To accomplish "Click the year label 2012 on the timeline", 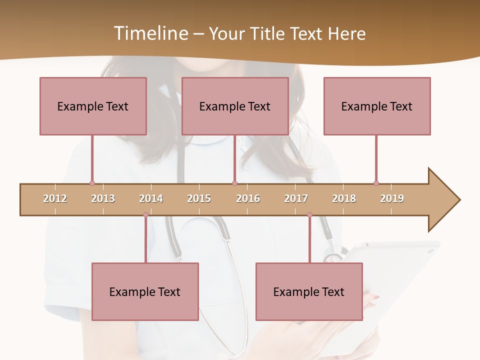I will (x=55, y=198).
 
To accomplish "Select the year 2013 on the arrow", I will (x=103, y=198).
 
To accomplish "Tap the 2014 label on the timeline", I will (x=151, y=198).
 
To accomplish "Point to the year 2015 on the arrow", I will (x=199, y=198).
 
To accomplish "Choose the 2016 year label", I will (x=248, y=198).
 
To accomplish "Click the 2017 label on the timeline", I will (x=296, y=198).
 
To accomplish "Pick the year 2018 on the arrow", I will (x=344, y=198).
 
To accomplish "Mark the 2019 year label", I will (x=392, y=198).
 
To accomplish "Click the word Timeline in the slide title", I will (x=150, y=33).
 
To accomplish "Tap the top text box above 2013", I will (x=93, y=106).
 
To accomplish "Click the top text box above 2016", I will (x=235, y=106).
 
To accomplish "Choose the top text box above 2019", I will (x=377, y=106).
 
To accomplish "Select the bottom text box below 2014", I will (x=145, y=291).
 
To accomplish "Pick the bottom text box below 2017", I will (x=309, y=291).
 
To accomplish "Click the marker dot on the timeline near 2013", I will (x=92, y=183).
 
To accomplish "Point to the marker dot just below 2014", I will (x=145, y=215).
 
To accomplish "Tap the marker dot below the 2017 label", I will (x=309, y=215).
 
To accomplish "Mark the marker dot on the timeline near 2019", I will (x=376, y=183).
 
